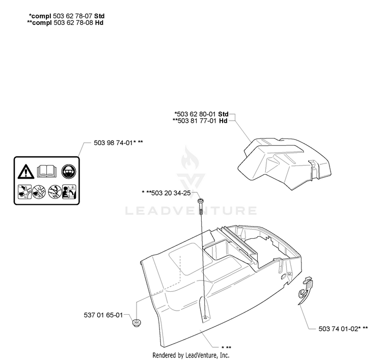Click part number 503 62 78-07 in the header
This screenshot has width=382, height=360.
(x=73, y=16)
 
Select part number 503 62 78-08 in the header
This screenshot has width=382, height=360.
(x=73, y=22)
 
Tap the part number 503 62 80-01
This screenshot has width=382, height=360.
(x=196, y=114)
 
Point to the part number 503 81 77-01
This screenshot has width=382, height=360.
(x=197, y=121)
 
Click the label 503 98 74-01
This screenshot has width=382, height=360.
(x=113, y=143)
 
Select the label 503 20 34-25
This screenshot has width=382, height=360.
(x=171, y=193)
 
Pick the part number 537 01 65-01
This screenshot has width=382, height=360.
(x=103, y=315)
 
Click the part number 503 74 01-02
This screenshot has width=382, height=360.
(x=338, y=329)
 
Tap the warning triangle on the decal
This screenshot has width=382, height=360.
(x=25, y=171)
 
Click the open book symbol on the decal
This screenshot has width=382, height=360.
(x=47, y=171)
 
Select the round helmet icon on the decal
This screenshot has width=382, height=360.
(x=69, y=171)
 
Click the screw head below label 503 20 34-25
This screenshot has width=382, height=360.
(x=201, y=201)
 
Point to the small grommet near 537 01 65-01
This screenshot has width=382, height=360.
(x=137, y=322)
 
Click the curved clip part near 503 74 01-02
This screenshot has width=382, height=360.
(x=306, y=290)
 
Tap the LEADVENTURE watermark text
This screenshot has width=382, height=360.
(x=191, y=211)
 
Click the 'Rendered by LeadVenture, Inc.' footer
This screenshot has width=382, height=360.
(x=191, y=355)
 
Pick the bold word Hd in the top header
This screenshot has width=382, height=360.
(x=99, y=22)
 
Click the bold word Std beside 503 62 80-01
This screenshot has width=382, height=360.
(x=223, y=114)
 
